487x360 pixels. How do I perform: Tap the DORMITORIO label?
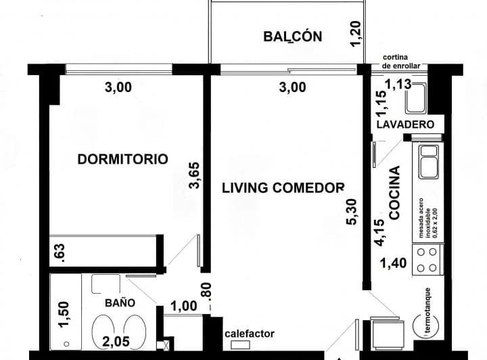point(122,160)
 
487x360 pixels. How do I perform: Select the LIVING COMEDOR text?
point(283,187)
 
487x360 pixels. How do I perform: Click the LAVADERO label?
point(404,125)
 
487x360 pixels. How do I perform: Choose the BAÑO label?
point(119,302)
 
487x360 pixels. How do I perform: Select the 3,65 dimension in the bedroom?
point(195,177)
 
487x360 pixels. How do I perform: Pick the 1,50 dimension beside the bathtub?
point(64,315)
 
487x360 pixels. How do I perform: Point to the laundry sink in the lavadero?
point(415,99)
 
